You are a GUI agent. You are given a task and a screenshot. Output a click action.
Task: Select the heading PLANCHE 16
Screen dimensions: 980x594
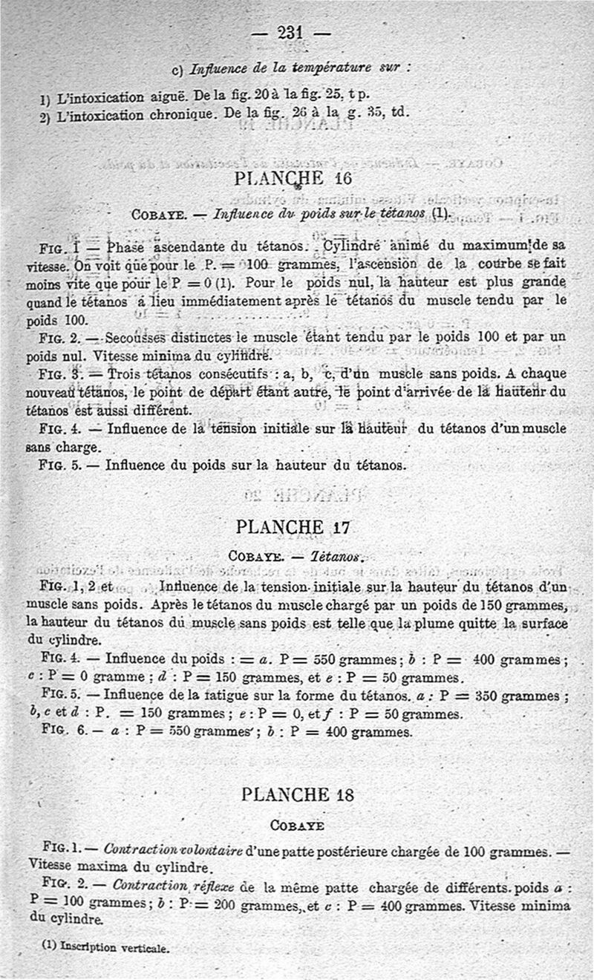click(292, 178)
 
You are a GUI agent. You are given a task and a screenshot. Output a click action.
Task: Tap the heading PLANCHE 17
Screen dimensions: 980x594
click(292, 527)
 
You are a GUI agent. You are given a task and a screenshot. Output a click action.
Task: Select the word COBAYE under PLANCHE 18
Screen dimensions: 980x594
click(297, 825)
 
